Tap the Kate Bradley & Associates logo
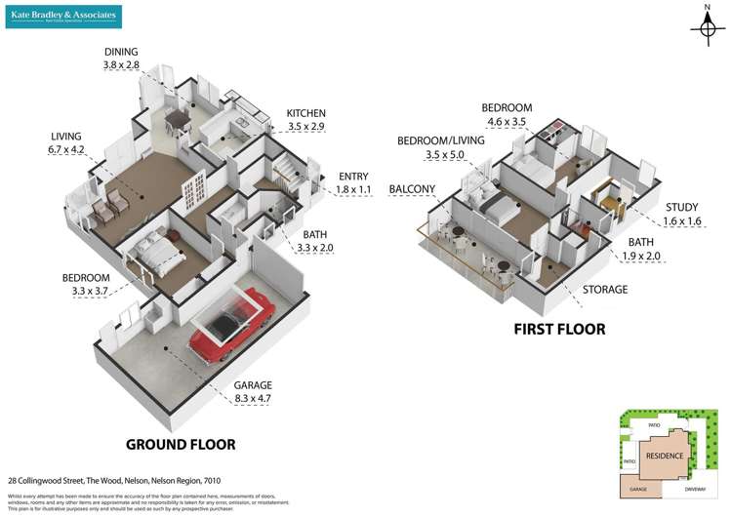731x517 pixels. [x=65, y=16]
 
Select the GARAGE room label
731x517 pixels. [x=253, y=384]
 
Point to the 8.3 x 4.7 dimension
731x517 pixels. [x=253, y=398]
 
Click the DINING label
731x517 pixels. [x=122, y=52]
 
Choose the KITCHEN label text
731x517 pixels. [x=305, y=113]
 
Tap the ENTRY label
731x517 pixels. [x=354, y=176]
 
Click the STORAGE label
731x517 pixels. [x=605, y=290]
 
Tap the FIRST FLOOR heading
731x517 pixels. [x=559, y=329]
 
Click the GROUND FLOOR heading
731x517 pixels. [x=181, y=445]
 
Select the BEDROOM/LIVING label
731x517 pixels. [x=441, y=140]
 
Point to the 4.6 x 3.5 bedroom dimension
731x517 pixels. [x=506, y=122]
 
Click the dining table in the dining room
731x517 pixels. [x=176, y=119]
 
